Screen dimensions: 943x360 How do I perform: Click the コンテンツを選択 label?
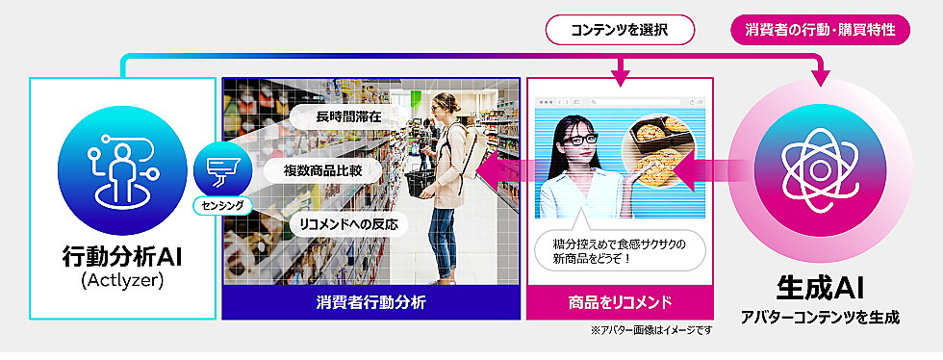coord(620,30)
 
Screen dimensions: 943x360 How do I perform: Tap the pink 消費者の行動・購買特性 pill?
coord(820,30)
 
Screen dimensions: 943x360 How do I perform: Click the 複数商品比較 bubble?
coord(322,170)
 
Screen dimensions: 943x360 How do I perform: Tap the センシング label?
coord(221,205)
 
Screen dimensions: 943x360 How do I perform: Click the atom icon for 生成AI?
coord(820,170)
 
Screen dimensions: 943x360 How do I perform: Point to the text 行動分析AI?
coord(122,258)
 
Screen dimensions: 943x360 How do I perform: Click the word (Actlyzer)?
coord(122,282)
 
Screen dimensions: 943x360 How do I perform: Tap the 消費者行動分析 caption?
coord(370,302)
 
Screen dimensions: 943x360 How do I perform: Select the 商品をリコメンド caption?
coord(620,302)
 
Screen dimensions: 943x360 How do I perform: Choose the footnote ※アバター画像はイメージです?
coord(652,330)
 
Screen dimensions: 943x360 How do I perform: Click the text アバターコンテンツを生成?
coord(820,319)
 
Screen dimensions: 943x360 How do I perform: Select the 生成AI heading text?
coord(820,290)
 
